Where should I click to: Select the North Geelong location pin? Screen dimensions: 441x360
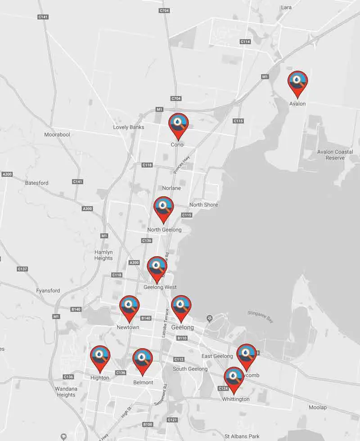click(163, 207)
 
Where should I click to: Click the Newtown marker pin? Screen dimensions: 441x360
click(129, 306)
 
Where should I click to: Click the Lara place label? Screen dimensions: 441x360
click(286, 7)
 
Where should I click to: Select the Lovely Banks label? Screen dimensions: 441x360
click(129, 127)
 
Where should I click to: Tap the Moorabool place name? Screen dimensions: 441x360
click(57, 134)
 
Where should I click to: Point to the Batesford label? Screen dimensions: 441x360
click(36, 183)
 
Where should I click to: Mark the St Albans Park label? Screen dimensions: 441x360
click(242, 436)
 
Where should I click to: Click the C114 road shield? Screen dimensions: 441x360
click(245, 41)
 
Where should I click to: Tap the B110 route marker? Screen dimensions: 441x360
click(182, 338)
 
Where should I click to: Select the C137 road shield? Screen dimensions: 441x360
click(22, 269)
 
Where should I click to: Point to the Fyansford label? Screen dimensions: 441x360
click(48, 291)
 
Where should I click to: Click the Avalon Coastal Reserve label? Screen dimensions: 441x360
click(331, 155)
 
